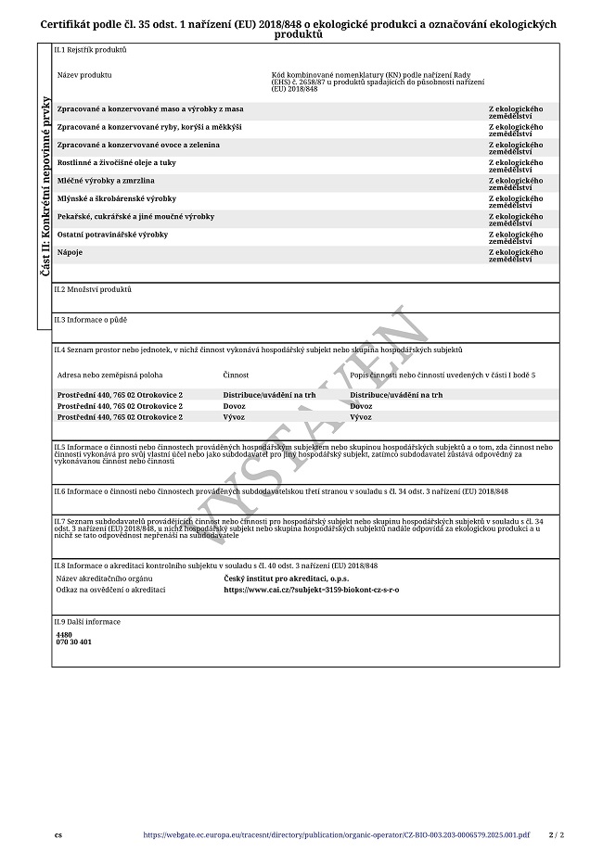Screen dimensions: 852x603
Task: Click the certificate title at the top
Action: click(299, 29)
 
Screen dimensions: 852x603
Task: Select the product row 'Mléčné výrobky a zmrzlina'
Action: click(106, 181)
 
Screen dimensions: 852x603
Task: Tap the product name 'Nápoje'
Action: click(71, 252)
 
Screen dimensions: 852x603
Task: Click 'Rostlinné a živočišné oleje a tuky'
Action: click(116, 162)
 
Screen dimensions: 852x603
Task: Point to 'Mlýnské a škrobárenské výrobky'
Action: click(116, 198)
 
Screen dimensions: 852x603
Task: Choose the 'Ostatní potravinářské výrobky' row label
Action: click(113, 235)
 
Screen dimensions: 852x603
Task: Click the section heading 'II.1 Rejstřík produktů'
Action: click(90, 49)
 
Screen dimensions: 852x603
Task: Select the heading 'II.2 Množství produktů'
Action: click(93, 289)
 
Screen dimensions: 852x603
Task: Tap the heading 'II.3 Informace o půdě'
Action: click(90, 319)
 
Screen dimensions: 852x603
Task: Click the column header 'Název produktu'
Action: click(84, 73)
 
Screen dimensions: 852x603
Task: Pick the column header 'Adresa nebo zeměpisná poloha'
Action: click(109, 375)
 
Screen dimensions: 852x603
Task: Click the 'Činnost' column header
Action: click(236, 375)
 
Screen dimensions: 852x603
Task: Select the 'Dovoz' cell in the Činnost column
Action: click(235, 406)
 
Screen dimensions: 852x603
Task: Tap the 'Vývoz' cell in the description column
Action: click(361, 417)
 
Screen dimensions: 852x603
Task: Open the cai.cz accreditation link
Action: click(311, 590)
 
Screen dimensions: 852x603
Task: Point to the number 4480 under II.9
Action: click(64, 635)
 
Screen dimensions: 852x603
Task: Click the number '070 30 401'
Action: click(74, 642)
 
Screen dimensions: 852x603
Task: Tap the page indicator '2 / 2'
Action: click(556, 834)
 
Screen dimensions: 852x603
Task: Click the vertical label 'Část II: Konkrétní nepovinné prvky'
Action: click(45, 186)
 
